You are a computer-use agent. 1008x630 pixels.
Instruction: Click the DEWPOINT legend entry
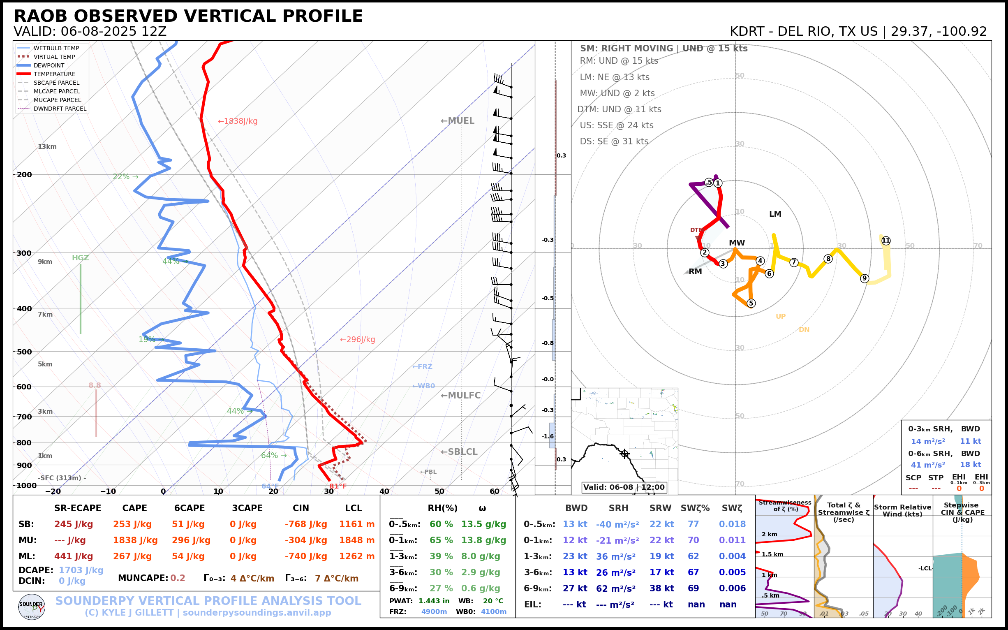click(49, 65)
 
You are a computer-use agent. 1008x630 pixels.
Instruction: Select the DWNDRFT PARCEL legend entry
click(60, 109)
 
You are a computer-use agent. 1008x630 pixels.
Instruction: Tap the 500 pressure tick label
click(24, 352)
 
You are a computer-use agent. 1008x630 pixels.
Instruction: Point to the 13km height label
click(47, 147)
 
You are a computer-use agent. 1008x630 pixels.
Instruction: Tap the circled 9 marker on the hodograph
click(864, 278)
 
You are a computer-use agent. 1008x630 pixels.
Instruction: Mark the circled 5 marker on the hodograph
click(751, 303)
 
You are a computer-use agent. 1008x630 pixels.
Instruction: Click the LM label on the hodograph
click(775, 214)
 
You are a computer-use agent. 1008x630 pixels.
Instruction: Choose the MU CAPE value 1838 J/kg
click(135, 540)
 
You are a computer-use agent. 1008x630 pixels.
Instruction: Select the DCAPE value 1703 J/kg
click(81, 570)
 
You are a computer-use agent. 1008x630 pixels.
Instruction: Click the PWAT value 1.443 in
click(434, 601)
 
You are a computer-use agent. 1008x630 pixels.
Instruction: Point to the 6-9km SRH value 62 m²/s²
click(615, 588)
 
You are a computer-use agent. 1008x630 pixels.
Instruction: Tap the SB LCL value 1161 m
click(356, 524)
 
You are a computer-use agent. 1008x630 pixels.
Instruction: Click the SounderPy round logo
click(32, 607)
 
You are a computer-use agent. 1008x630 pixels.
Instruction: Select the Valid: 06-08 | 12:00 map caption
click(624, 487)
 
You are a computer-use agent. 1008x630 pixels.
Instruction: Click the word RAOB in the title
click(41, 16)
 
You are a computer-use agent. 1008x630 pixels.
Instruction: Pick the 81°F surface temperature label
click(338, 486)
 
